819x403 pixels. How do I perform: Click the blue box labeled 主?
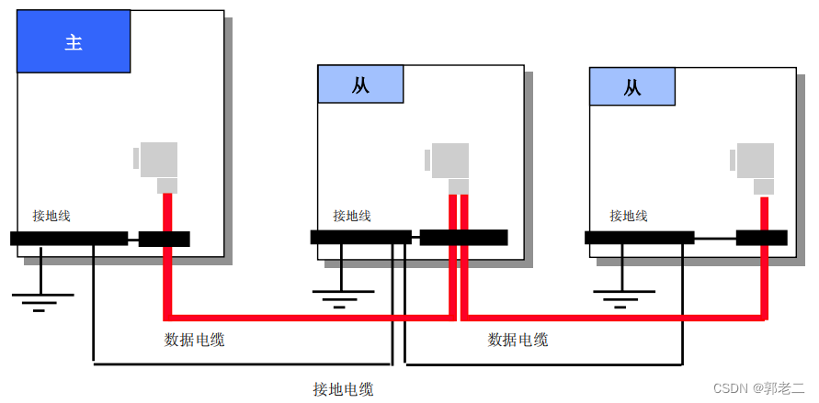(74, 42)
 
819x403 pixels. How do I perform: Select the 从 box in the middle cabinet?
(360, 84)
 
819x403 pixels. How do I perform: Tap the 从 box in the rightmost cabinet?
(631, 87)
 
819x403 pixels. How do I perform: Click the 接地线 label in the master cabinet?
(51, 216)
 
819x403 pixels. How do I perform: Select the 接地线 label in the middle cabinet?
(352, 216)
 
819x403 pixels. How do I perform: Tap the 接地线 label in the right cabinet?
(629, 216)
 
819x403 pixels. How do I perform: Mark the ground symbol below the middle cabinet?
(342, 297)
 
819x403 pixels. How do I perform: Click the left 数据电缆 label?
(194, 340)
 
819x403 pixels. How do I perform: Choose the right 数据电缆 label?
(518, 340)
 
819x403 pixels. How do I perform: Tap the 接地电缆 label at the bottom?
(343, 389)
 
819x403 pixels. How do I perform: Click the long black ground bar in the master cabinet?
(68, 239)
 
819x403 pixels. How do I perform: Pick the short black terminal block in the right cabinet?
(761, 238)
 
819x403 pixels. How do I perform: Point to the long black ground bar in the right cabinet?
(639, 238)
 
